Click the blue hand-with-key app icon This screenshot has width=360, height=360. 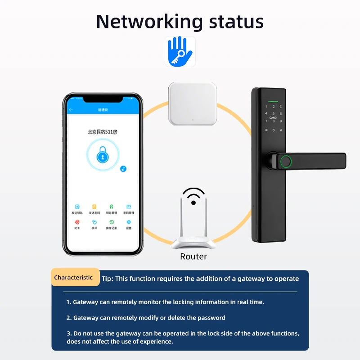180,51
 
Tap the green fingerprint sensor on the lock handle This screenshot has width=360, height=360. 285,161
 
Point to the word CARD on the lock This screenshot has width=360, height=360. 273,117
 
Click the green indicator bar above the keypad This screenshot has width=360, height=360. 273,101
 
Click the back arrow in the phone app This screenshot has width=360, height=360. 71,110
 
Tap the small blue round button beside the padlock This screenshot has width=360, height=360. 123,169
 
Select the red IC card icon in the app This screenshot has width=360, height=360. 77,222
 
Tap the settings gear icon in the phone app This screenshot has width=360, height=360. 129,222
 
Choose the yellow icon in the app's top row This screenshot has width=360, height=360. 94,206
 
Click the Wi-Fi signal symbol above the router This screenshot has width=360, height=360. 193,196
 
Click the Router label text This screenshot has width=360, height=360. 193,256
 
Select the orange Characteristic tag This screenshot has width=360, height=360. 74,278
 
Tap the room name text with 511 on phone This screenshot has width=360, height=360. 103,132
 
